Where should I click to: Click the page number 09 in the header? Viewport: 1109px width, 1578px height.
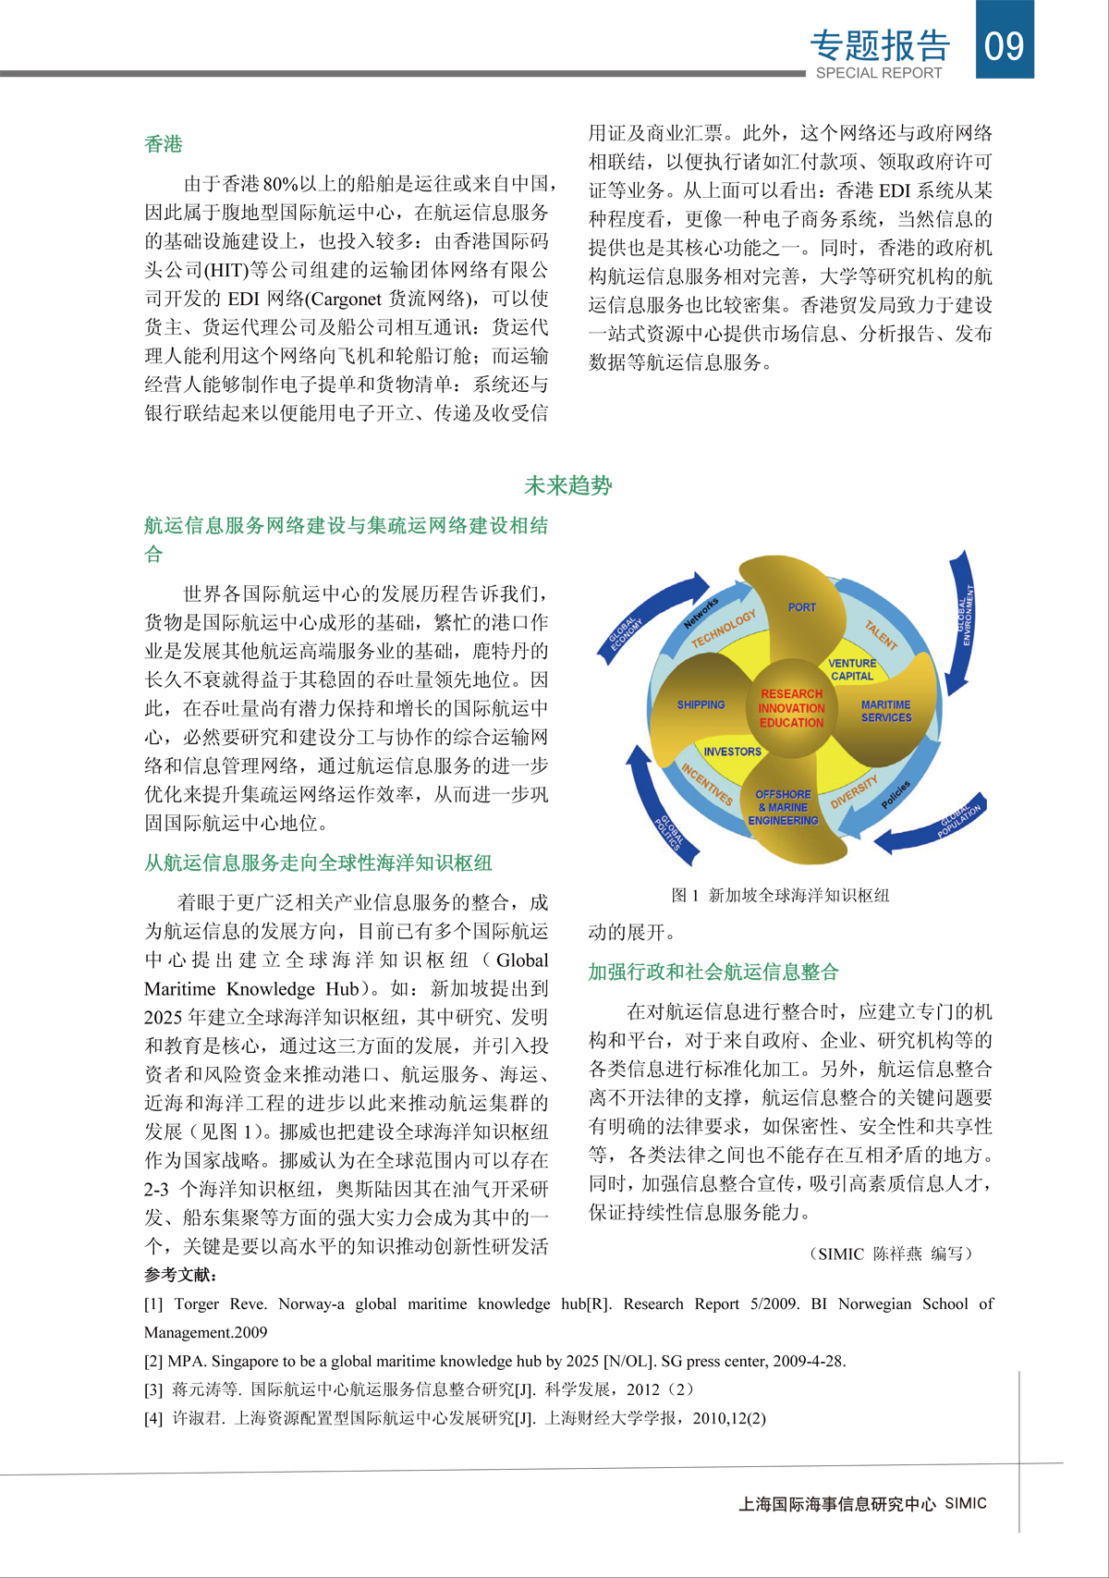click(x=1005, y=44)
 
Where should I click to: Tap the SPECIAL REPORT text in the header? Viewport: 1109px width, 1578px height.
click(x=878, y=73)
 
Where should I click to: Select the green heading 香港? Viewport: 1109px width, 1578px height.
click(x=164, y=144)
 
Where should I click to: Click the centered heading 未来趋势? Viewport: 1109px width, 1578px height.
click(x=567, y=485)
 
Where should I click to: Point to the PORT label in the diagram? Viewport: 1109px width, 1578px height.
click(x=801, y=607)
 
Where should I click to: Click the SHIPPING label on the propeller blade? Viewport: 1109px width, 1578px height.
click(x=701, y=704)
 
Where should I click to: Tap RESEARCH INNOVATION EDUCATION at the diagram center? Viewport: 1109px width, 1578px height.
click(x=791, y=708)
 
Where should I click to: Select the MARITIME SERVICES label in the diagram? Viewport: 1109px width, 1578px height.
click(x=885, y=711)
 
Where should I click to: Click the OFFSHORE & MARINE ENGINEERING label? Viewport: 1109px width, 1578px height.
click(x=783, y=807)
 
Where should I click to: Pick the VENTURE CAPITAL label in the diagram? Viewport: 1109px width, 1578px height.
click(x=851, y=669)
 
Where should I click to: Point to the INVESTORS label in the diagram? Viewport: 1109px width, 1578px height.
click(x=732, y=752)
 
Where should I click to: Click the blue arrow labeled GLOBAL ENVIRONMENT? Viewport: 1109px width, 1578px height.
click(x=961, y=619)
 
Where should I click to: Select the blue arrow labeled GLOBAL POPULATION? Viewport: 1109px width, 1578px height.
click(x=933, y=825)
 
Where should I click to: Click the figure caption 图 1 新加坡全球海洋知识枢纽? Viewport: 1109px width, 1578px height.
click(x=780, y=895)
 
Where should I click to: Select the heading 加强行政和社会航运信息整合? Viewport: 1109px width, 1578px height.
click(x=713, y=972)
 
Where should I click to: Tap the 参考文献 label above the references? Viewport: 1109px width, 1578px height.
click(x=181, y=1275)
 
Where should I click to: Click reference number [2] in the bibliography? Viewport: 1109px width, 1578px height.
click(x=153, y=1361)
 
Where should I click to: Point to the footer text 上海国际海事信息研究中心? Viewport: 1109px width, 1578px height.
click(x=836, y=1504)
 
